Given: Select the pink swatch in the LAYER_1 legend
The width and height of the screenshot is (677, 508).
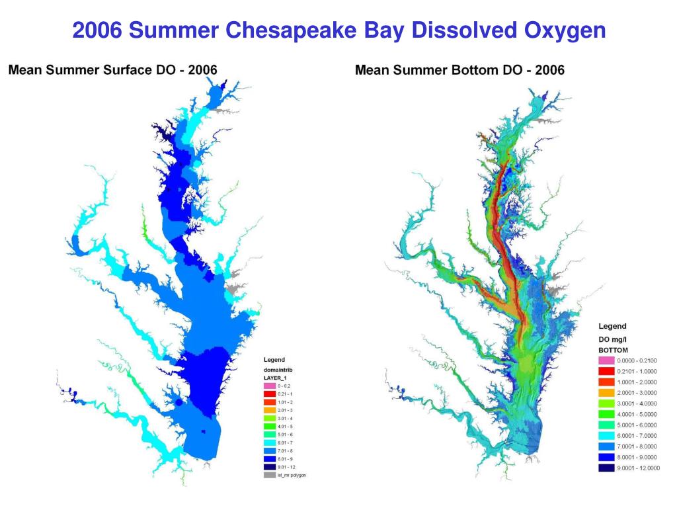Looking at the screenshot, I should point(270,385).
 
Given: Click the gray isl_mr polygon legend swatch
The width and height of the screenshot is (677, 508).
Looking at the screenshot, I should point(270,475).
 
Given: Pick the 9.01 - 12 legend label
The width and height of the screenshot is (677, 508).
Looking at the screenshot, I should point(286,466).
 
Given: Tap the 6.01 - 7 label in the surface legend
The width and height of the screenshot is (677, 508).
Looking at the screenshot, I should point(284,442).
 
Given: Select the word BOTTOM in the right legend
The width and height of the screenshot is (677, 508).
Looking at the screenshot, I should point(613,350).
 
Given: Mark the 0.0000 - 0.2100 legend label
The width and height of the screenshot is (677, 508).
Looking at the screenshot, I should point(637,360).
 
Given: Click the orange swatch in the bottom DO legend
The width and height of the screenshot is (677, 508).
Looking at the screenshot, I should point(607,392).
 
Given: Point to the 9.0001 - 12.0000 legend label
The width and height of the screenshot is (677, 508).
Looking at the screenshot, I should point(638,468).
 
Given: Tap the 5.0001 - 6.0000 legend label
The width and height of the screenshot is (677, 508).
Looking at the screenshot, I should point(637,425).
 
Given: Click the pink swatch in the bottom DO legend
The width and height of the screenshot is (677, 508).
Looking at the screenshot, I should point(607,360).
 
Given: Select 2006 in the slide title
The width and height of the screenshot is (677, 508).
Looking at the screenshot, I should point(97,30).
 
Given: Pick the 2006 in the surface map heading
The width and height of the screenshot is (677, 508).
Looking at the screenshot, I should point(202,69).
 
